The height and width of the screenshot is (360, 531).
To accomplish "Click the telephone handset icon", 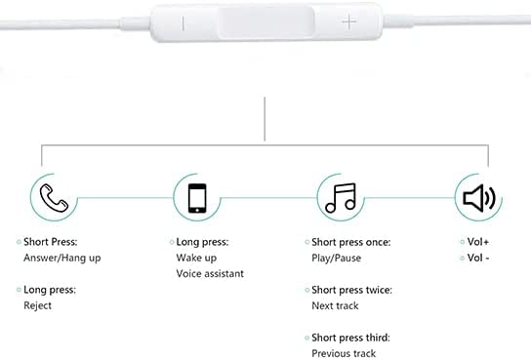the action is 55,198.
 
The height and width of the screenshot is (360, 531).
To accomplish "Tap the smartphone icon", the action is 197,198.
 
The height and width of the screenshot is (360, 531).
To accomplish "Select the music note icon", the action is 341,198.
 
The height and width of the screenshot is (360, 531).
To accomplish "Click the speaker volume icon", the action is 479,198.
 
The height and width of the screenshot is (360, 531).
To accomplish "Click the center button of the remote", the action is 266,22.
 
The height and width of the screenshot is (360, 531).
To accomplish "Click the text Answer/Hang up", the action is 62,259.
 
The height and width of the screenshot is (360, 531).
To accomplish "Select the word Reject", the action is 38,305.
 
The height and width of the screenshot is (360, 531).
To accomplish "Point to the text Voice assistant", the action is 210,274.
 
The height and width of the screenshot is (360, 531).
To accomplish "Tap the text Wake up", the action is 196,259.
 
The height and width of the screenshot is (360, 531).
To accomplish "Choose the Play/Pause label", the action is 337,259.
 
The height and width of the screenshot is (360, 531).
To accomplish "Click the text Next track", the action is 335,306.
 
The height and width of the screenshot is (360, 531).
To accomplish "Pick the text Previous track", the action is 344,353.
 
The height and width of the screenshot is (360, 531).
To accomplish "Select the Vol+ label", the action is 478,242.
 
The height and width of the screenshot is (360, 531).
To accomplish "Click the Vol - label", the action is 478,258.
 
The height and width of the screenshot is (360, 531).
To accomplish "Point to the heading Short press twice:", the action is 351,290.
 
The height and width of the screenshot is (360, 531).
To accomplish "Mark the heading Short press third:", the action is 350,338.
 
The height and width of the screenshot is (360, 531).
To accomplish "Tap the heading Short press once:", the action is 351,242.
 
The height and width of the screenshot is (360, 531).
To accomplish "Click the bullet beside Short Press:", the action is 19,242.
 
